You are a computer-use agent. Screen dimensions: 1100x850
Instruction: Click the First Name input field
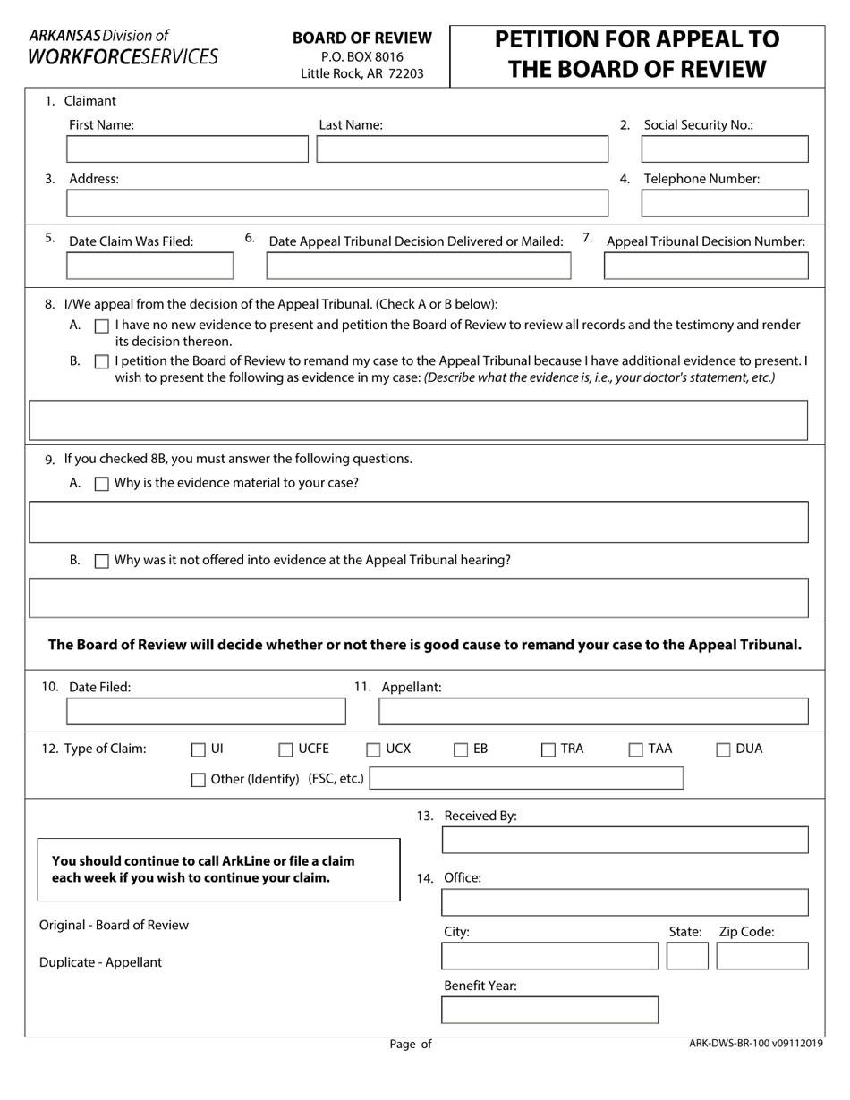pyautogui.click(x=188, y=149)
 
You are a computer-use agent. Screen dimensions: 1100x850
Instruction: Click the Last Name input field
pyautogui.click(x=462, y=149)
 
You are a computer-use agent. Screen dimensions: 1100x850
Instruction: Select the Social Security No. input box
pyautogui.click(x=725, y=149)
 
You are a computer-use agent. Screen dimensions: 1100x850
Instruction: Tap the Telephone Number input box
pyautogui.click(x=725, y=204)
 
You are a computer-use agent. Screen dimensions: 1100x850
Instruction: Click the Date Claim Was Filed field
pyautogui.click(x=150, y=266)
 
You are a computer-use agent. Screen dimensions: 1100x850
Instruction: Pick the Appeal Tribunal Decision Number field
pyautogui.click(x=706, y=266)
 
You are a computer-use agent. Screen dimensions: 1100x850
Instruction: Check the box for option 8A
pyautogui.click(x=102, y=326)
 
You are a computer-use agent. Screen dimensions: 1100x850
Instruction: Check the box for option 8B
pyautogui.click(x=102, y=362)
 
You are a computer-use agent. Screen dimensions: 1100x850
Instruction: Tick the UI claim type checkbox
pyautogui.click(x=199, y=750)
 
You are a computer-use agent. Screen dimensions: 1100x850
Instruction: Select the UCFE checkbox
pyautogui.click(x=286, y=750)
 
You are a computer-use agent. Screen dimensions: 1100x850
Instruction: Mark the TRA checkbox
pyautogui.click(x=548, y=750)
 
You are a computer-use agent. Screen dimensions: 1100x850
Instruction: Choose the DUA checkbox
pyautogui.click(x=724, y=750)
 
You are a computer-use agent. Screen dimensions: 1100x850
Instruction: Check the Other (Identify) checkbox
pyautogui.click(x=199, y=780)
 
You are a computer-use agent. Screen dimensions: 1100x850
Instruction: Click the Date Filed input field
pyautogui.click(x=206, y=712)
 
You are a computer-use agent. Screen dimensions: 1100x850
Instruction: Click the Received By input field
pyautogui.click(x=625, y=840)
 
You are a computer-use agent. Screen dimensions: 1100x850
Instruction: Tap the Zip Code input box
pyautogui.click(x=762, y=956)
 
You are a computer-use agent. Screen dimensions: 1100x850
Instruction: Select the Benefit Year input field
pyautogui.click(x=550, y=1010)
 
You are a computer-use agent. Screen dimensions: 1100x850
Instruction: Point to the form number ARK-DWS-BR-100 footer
pyautogui.click(x=756, y=1043)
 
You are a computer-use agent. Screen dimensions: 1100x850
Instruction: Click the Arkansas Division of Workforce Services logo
pyautogui.click(x=123, y=47)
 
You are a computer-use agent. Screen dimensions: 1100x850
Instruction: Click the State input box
pyautogui.click(x=687, y=956)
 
